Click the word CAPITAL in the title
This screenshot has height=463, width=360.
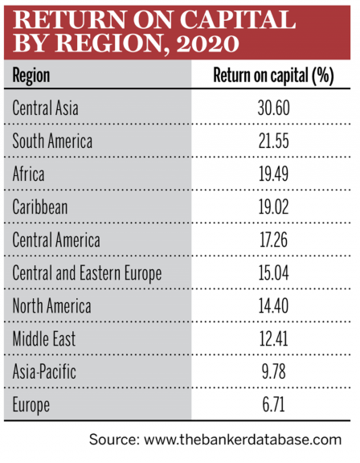[238, 20]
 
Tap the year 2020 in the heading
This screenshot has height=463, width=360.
[208, 43]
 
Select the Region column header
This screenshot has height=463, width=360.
[31, 76]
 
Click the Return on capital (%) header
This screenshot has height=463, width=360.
[273, 76]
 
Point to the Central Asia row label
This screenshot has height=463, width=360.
[46, 108]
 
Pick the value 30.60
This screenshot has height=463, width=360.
[274, 108]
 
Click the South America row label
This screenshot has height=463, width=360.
[52, 141]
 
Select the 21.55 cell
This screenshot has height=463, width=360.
[274, 141]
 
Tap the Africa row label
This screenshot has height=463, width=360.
[28, 174]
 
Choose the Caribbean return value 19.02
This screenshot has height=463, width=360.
[274, 207]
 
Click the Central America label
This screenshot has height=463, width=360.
[56, 240]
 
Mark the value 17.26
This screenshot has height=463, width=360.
[273, 240]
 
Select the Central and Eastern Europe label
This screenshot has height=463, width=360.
[87, 273]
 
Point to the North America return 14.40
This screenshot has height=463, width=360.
[274, 305]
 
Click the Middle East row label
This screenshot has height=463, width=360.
[44, 338]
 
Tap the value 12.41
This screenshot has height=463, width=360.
[273, 338]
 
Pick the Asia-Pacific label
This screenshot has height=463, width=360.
[44, 371]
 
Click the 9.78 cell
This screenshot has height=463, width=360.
[274, 371]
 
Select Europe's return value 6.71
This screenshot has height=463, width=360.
[274, 404]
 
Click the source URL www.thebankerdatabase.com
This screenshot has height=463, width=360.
[243, 440]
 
